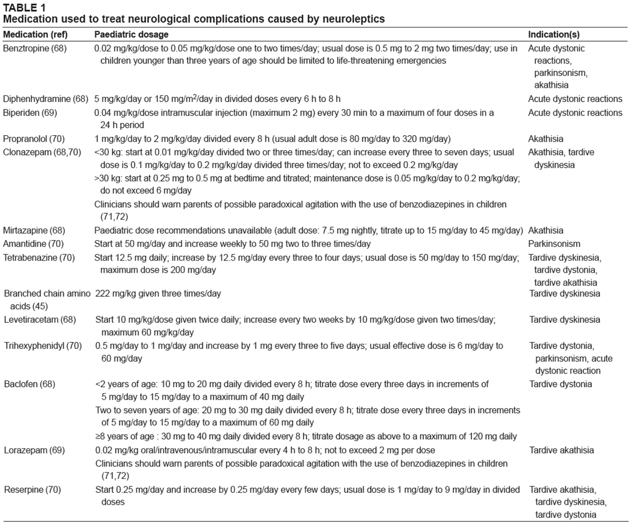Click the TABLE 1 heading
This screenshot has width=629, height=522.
(24, 7)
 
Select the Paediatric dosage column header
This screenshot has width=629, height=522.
(131, 35)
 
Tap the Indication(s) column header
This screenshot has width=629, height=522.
(554, 35)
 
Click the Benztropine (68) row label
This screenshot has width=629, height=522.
(35, 48)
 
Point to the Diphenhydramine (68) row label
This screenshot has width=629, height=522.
(46, 99)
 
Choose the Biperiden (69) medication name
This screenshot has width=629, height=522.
(30, 113)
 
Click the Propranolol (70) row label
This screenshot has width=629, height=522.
(34, 139)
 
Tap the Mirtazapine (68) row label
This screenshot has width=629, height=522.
(34, 231)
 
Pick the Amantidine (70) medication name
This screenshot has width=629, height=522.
(33, 244)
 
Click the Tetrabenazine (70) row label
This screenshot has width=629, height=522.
(39, 258)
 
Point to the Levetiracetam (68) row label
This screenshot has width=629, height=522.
(40, 320)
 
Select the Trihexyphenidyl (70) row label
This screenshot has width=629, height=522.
(43, 346)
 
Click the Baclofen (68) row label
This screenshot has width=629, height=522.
(30, 384)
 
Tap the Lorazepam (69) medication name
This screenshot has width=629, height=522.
(35, 451)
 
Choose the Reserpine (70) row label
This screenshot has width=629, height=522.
(33, 490)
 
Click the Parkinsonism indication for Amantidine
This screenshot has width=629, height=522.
(554, 244)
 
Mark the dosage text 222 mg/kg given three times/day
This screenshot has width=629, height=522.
(158, 294)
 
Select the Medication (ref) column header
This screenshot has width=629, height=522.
(35, 35)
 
